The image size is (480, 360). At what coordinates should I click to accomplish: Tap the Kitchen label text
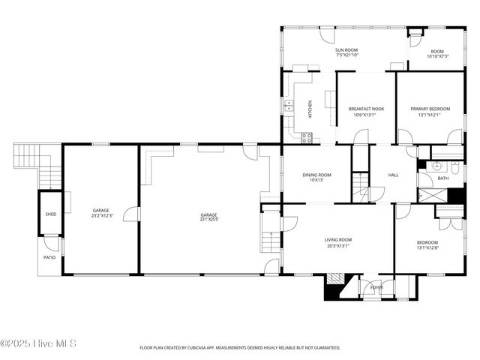pyautogui.click(x=310, y=109)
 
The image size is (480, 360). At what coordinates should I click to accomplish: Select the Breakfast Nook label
pyautogui.click(x=366, y=109)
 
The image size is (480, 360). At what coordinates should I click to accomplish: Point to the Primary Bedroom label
pyautogui.click(x=430, y=109)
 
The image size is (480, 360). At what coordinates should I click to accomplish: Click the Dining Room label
pyautogui.click(x=316, y=175)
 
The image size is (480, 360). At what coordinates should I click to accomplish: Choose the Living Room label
pyautogui.click(x=337, y=240)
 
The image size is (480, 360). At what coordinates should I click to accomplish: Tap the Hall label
pyautogui.click(x=393, y=175)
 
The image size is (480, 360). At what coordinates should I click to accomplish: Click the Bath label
pyautogui.click(x=443, y=178)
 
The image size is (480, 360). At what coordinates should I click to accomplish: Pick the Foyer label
pyautogui.click(x=376, y=287)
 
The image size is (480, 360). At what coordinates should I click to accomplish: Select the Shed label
pyautogui.click(x=50, y=214)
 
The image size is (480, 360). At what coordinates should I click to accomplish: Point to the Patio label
pyautogui.click(x=49, y=257)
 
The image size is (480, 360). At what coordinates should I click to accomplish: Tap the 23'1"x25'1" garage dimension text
pyautogui.click(x=208, y=220)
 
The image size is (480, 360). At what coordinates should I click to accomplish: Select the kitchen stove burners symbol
pyautogui.click(x=306, y=137)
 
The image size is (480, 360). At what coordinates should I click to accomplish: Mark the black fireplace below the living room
pyautogui.click(x=334, y=288)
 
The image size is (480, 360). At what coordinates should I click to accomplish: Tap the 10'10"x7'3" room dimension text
pyautogui.click(x=437, y=56)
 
